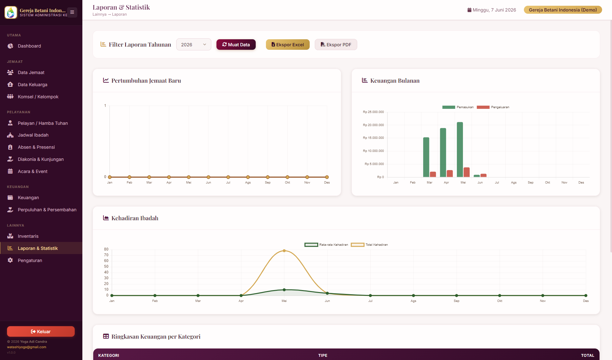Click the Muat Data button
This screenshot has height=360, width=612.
[236, 45]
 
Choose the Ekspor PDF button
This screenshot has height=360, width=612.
[336, 45]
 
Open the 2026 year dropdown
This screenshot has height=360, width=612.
[193, 45]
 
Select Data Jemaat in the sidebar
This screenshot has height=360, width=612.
[31, 72]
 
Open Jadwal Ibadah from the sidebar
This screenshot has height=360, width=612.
[33, 135]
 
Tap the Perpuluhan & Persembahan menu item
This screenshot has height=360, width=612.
[47, 210]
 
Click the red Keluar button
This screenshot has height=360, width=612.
[41, 332]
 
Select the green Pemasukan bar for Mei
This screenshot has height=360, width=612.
[460, 150]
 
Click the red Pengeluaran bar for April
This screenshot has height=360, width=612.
[450, 174]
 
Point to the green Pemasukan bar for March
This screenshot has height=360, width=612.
[426, 157]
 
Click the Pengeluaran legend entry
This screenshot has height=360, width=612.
[493, 107]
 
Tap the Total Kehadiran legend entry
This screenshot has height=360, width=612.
[369, 245]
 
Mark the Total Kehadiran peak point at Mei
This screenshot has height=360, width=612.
[284, 251]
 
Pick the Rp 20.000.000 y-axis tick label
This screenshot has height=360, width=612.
[373, 125]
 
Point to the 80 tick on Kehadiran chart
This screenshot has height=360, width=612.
[106, 249]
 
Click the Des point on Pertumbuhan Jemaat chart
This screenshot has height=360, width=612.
[327, 177]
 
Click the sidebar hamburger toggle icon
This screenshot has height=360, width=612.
[72, 12]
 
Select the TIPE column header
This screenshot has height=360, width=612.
[323, 355]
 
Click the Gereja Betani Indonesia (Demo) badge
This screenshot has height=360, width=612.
[563, 10]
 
